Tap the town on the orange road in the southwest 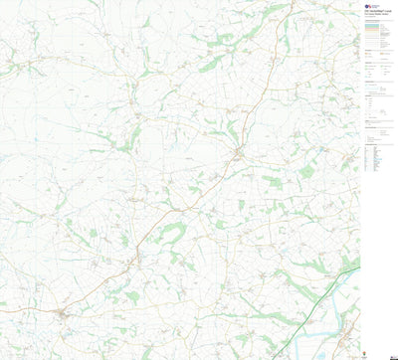(64, 315)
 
